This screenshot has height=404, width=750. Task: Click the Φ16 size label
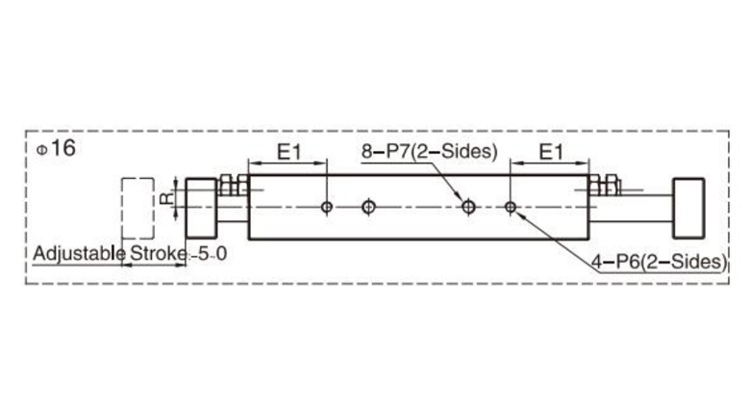55,148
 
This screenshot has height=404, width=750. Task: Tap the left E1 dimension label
290,151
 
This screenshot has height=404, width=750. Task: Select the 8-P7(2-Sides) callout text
429,151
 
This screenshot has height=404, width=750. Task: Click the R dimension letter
164,199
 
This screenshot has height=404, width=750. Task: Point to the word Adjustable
79,255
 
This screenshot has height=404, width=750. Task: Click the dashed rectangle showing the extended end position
137,208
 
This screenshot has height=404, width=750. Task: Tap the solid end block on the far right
689,207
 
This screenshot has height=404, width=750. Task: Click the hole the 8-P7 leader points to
468,206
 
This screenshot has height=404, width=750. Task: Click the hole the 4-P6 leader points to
511,206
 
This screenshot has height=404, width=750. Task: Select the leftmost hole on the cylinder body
328,206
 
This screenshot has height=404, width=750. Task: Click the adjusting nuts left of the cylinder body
231,185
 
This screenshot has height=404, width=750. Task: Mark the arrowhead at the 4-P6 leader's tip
519,213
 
